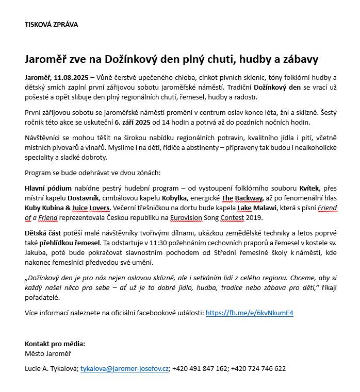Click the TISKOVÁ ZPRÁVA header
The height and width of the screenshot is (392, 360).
pyautogui.click(x=52, y=24)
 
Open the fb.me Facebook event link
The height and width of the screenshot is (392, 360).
pyautogui.click(x=250, y=313)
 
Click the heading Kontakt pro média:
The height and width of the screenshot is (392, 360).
pyautogui.click(x=55, y=344)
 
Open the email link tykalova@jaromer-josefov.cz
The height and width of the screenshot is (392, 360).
pyautogui.click(x=125, y=369)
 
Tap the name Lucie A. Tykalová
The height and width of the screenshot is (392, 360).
pyautogui.click(x=51, y=369)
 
